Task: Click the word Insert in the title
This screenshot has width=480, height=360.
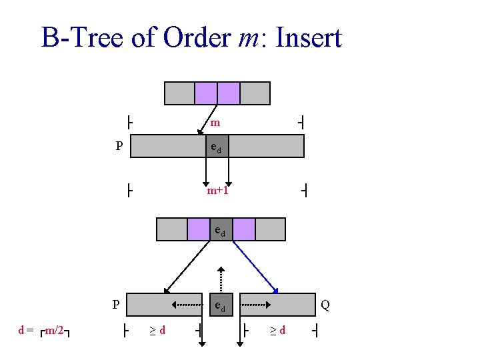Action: (305, 38)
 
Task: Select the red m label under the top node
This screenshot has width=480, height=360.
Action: (215, 123)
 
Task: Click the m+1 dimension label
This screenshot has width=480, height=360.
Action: (217, 191)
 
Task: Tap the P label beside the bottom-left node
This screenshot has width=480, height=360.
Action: (115, 305)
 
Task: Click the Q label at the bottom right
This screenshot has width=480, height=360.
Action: (325, 305)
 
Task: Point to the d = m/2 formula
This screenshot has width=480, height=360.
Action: (45, 330)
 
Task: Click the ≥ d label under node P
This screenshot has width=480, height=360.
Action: (157, 329)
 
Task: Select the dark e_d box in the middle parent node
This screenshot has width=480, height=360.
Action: (221, 229)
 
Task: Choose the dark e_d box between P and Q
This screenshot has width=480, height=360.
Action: (220, 305)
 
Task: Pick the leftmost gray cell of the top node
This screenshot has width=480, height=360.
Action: (179, 93)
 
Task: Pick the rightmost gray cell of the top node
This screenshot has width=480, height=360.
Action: (255, 93)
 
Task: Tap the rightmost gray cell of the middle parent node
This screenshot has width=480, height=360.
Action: (270, 229)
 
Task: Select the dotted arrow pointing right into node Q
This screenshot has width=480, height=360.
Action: (255, 305)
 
